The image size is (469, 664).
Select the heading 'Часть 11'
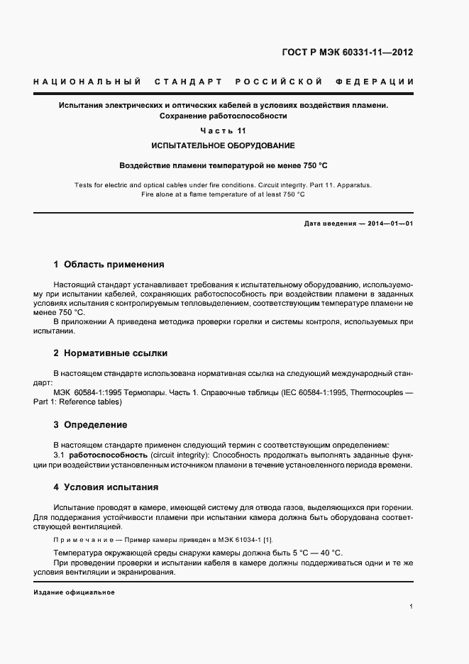coord(224,131)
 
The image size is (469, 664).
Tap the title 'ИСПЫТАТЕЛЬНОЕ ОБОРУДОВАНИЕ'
coord(224,145)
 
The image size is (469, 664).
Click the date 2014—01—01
coord(389,223)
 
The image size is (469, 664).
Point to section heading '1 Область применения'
coord(109,265)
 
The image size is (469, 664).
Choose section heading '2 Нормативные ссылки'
coord(111,353)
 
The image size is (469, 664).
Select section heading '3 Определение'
coord(90,425)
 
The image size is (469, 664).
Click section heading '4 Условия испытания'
coord(106,487)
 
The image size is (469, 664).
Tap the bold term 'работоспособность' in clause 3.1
coord(109,454)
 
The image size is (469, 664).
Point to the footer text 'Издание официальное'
coord(74,592)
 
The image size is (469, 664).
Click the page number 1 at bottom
coord(412,606)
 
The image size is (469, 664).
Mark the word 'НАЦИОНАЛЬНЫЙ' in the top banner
coord(87,82)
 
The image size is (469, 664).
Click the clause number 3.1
coord(60,454)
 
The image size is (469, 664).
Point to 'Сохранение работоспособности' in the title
coord(224,116)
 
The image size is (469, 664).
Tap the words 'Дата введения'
coord(330,223)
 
